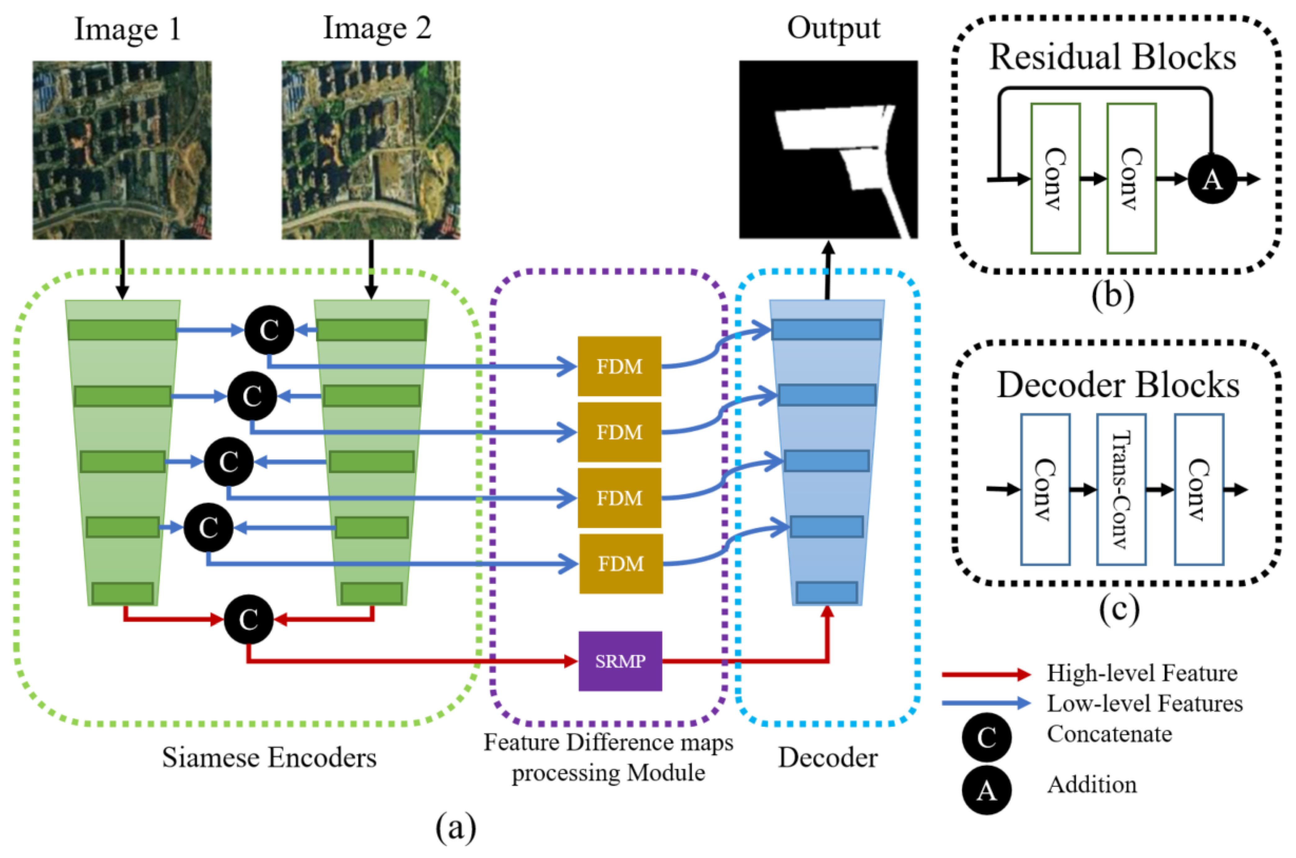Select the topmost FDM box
pyautogui.click(x=619, y=366)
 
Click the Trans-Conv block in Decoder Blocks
pyautogui.click(x=1121, y=489)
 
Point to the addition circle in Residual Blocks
pyautogui.click(x=1212, y=179)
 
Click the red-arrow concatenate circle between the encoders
pyautogui.click(x=248, y=619)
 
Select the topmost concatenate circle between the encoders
pyautogui.click(x=269, y=330)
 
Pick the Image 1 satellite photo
pyautogui.click(x=122, y=150)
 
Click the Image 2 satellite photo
pyautogui.click(x=371, y=150)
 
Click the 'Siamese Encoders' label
pyautogui.click(x=269, y=758)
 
